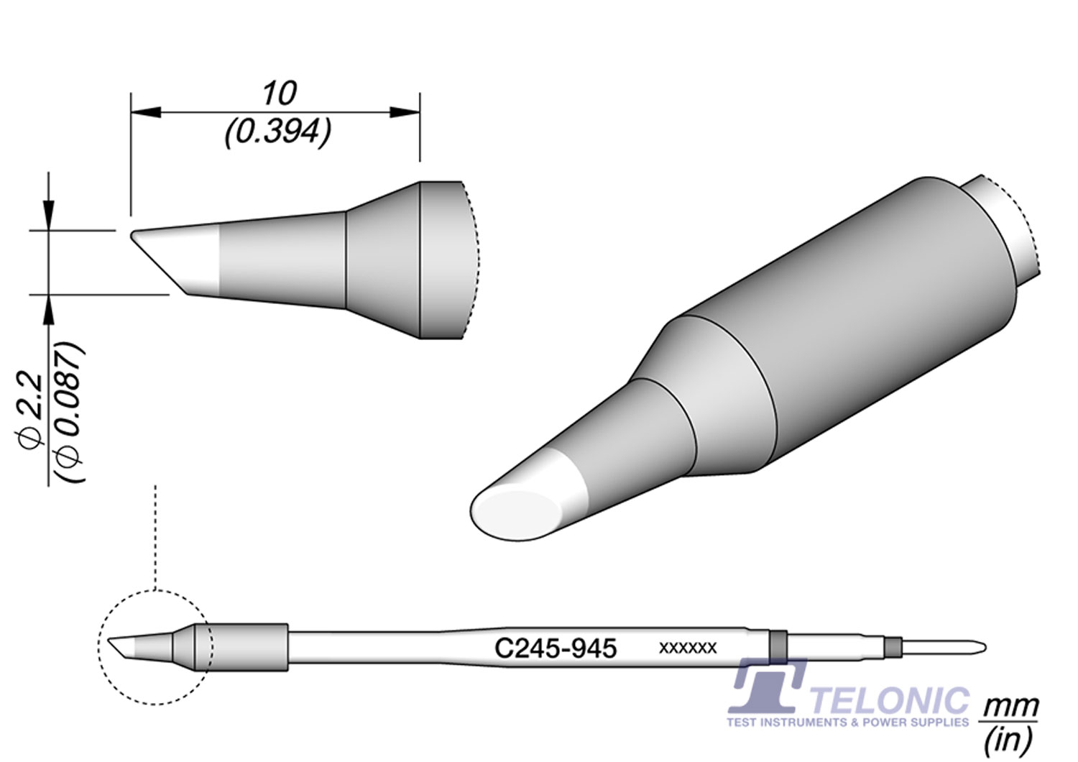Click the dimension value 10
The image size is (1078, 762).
click(x=279, y=93)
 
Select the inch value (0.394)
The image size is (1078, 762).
click(x=277, y=132)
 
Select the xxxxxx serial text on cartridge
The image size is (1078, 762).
click(x=688, y=648)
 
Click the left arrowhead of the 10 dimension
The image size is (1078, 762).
click(x=144, y=112)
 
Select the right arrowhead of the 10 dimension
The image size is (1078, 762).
click(x=405, y=112)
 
